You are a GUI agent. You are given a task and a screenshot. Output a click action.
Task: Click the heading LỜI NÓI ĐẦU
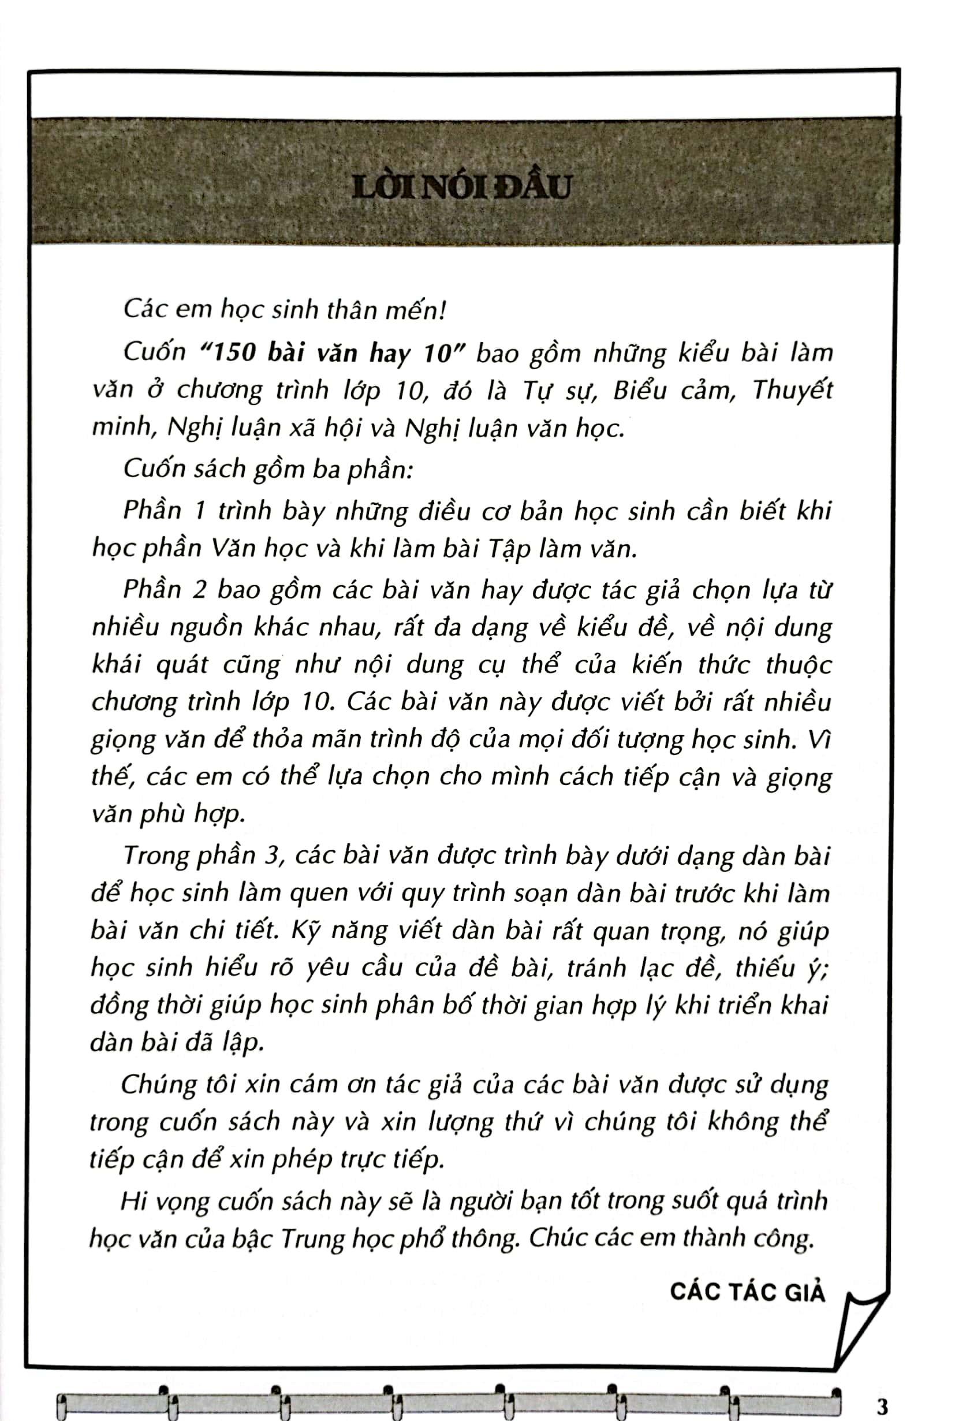click(x=461, y=187)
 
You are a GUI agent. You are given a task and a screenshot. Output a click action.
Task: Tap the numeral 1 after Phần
click(x=199, y=511)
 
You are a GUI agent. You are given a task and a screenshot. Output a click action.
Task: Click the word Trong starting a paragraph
click(x=158, y=856)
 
